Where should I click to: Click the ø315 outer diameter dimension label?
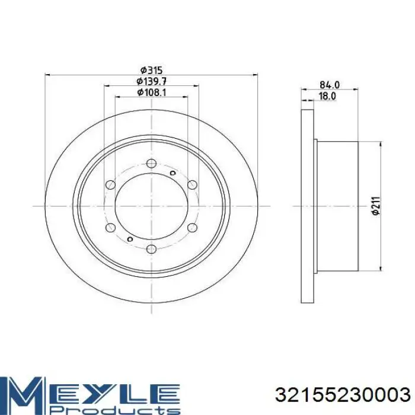click(x=151, y=71)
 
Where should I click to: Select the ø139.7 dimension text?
click(x=151, y=81)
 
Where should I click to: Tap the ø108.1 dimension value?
click(x=151, y=92)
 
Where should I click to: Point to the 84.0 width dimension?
click(x=330, y=85)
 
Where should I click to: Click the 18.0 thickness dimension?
click(x=327, y=96)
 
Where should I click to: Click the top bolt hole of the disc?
click(x=151, y=163)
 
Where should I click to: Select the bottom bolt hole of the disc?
click(x=151, y=248)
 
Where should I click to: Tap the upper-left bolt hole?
click(x=110, y=184)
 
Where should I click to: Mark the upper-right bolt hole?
click(x=193, y=184)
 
